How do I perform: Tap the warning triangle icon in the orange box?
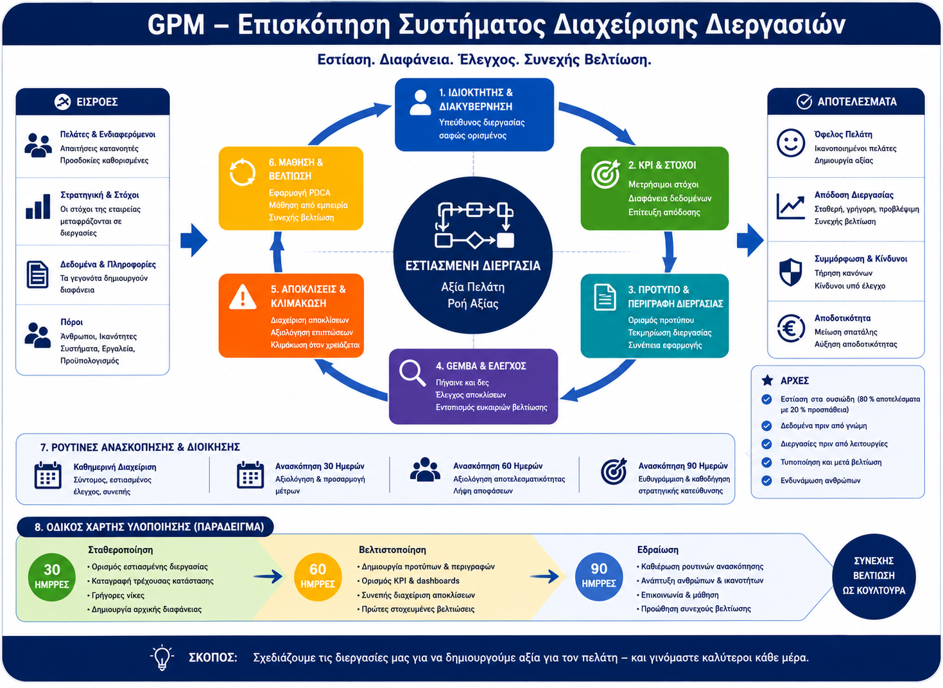pyautogui.click(x=243, y=297)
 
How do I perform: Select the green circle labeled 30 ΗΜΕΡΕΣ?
pyautogui.click(x=52, y=577)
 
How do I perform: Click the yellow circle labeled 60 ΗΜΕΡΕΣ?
pyautogui.click(x=318, y=577)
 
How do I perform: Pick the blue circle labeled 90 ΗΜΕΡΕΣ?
pyautogui.click(x=599, y=576)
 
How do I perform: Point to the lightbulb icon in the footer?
pyautogui.click(x=162, y=658)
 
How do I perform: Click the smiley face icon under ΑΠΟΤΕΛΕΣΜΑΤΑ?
pyautogui.click(x=791, y=143)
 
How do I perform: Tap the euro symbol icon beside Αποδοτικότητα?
pyautogui.click(x=791, y=329)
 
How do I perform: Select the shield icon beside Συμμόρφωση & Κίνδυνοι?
pyautogui.click(x=791, y=272)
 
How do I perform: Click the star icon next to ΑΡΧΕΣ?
pyautogui.click(x=767, y=380)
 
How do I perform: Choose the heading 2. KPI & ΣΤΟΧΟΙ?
pyautogui.click(x=662, y=165)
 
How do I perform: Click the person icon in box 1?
pyautogui.click(x=420, y=102)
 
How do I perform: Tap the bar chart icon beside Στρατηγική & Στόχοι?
pyautogui.click(x=38, y=206)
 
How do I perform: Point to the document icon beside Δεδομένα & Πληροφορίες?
pyautogui.click(x=38, y=274)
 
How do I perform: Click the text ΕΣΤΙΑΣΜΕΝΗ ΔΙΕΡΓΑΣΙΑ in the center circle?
pyautogui.click(x=472, y=266)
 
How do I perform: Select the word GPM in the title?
pyautogui.click(x=176, y=24)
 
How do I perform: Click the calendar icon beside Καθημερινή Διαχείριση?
pyautogui.click(x=48, y=475)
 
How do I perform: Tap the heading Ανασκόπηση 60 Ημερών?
pyautogui.click(x=497, y=466)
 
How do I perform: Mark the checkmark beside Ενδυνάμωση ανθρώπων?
pyautogui.click(x=766, y=481)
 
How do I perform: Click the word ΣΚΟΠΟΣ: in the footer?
pyautogui.click(x=212, y=658)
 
